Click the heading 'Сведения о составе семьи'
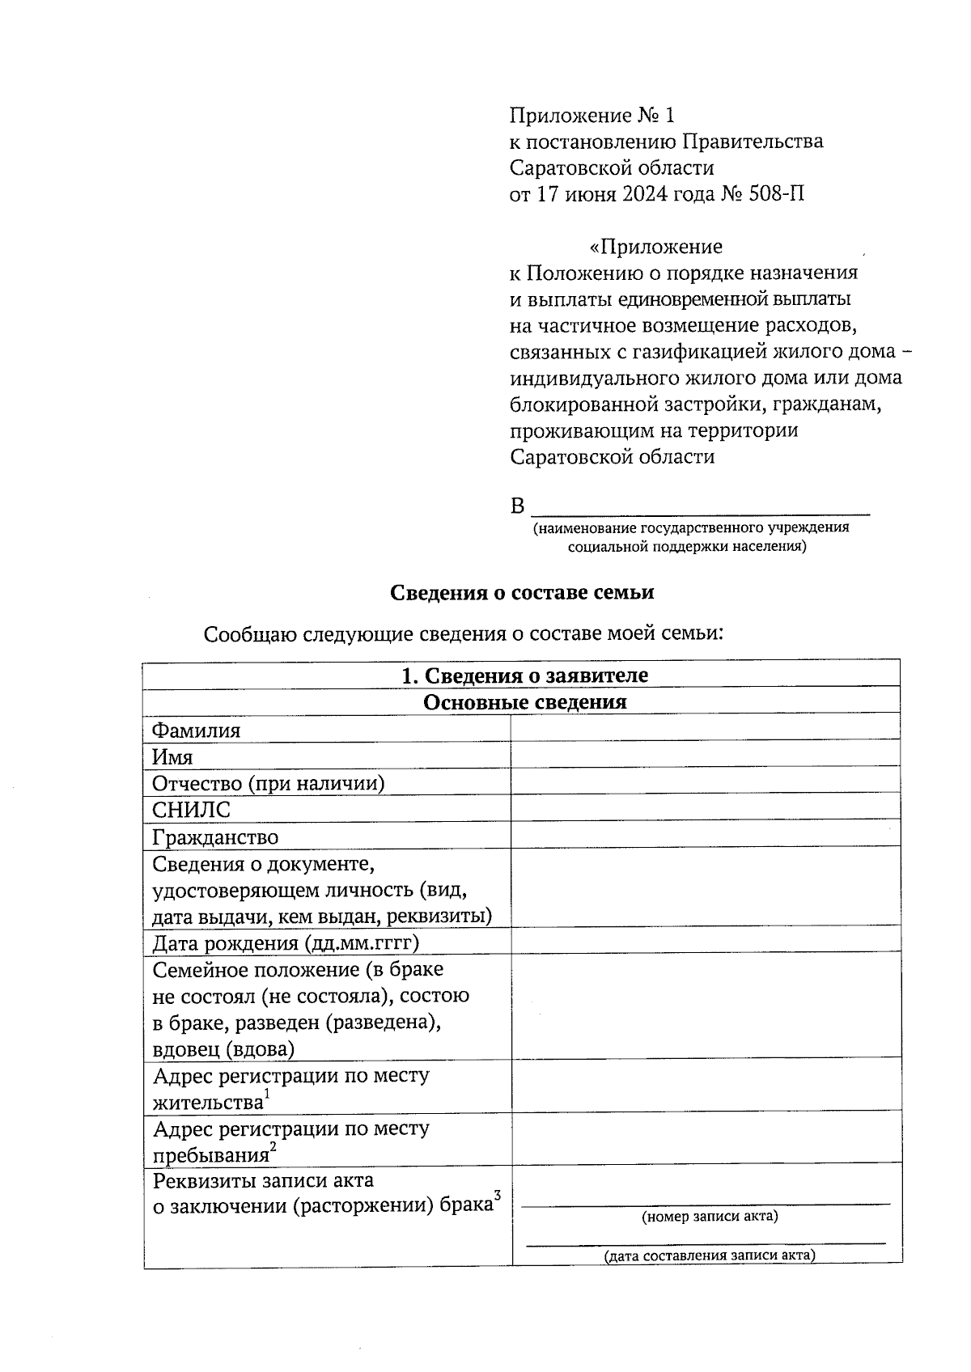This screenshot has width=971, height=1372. click(522, 593)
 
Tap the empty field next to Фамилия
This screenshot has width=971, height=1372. click(706, 729)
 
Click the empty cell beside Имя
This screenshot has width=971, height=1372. click(706, 756)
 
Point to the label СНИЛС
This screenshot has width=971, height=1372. click(191, 810)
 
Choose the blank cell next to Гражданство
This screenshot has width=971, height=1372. click(706, 836)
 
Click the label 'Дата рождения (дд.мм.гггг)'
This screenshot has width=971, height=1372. click(286, 943)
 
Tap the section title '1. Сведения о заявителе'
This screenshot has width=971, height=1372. click(524, 675)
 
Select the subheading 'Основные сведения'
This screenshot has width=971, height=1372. click(524, 702)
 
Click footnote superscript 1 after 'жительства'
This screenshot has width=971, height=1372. click(267, 1095)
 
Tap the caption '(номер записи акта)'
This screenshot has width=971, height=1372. click(710, 1217)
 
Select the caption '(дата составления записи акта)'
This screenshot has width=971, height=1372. click(710, 1256)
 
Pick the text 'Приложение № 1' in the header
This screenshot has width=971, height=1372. click(592, 116)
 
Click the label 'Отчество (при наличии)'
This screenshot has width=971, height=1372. click(268, 783)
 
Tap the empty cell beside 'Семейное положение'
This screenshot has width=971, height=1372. click(706, 1005)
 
